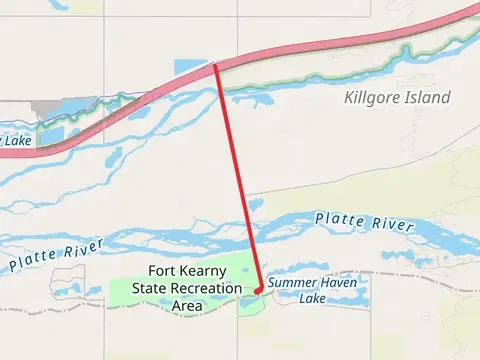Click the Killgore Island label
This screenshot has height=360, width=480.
point(397,97)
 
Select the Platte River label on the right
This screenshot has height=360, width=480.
point(364,222)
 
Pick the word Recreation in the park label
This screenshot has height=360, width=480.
point(206,288)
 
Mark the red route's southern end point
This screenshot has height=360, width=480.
point(258,290)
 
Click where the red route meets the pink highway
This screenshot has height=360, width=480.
point(215,66)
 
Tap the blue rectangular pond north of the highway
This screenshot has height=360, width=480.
point(189,66)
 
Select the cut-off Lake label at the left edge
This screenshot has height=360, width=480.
point(15,140)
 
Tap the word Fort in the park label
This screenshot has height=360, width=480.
point(164,271)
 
